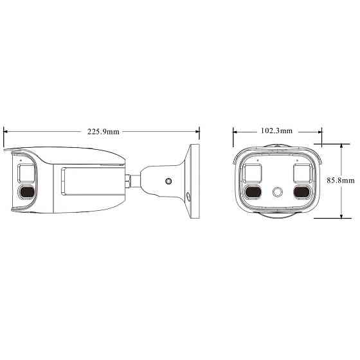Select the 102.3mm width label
[x=276, y=130]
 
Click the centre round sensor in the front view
[x=278, y=192]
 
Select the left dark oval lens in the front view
[x=253, y=192]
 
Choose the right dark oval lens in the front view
[x=302, y=192]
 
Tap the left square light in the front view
[x=253, y=172]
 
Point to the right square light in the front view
[x=302, y=172]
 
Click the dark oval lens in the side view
[x=27, y=192]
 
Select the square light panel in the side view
[x=27, y=172]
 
